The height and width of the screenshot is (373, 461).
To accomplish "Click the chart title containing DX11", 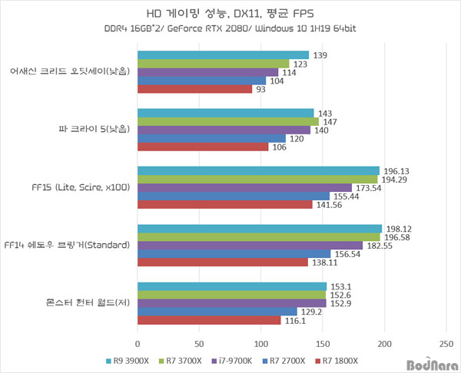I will tap(230, 13).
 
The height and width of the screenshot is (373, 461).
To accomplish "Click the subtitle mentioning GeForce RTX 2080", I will tap(230, 28).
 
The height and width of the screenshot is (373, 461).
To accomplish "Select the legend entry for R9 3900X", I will tap(128, 359).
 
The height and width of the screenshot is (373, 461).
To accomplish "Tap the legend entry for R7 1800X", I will tap(339, 359).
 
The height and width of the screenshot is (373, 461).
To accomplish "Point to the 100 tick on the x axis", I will tap(261, 343).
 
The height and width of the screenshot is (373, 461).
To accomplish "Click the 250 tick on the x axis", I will tap(446, 343).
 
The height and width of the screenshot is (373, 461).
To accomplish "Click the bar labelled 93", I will tap(194, 89).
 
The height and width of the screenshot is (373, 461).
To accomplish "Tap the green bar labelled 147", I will tap(228, 121).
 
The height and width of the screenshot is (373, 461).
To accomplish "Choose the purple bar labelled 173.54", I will tap(244, 188).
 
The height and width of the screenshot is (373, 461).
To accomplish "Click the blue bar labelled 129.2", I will tap(217, 312).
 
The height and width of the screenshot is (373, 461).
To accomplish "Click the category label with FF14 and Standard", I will tap(68, 246).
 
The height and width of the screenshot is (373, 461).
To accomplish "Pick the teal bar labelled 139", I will tap(223, 55).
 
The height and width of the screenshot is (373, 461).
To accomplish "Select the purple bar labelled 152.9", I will tap(231, 303).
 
